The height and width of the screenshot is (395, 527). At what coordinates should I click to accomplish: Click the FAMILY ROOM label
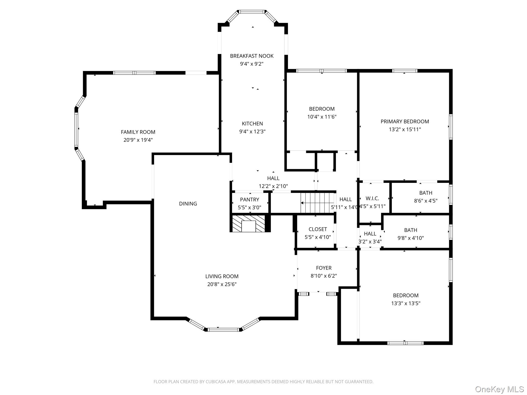pos(138,132)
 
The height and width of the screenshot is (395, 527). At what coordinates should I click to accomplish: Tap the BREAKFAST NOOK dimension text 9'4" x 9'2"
pos(252,64)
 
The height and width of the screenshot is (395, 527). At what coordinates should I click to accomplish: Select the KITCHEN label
pos(252,124)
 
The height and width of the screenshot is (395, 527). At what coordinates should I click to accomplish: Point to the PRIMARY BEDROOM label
pos(405,121)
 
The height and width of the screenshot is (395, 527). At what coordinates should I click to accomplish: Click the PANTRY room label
pos(249,200)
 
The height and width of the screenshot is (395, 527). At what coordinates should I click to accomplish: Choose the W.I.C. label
pos(372,199)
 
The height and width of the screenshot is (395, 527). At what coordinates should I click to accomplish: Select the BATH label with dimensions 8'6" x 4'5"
pos(426,193)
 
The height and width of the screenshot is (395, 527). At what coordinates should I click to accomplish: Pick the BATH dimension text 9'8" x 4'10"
pos(410,238)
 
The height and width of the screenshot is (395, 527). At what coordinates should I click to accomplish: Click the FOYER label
pos(324,268)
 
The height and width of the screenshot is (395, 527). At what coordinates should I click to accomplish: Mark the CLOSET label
pos(318,229)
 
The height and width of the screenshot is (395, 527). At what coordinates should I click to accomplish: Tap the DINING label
pos(188,204)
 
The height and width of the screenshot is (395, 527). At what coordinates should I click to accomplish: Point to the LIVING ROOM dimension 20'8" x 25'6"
pos(222,284)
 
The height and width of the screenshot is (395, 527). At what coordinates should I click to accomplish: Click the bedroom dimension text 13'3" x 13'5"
pos(406,303)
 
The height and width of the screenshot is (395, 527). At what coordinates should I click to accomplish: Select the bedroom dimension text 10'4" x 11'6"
pos(322,117)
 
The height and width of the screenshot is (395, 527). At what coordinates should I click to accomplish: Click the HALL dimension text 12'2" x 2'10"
pos(273,186)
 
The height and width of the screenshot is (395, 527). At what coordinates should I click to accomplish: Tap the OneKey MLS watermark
pos(499,389)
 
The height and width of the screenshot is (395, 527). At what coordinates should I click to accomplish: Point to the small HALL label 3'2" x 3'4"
pos(370,234)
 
